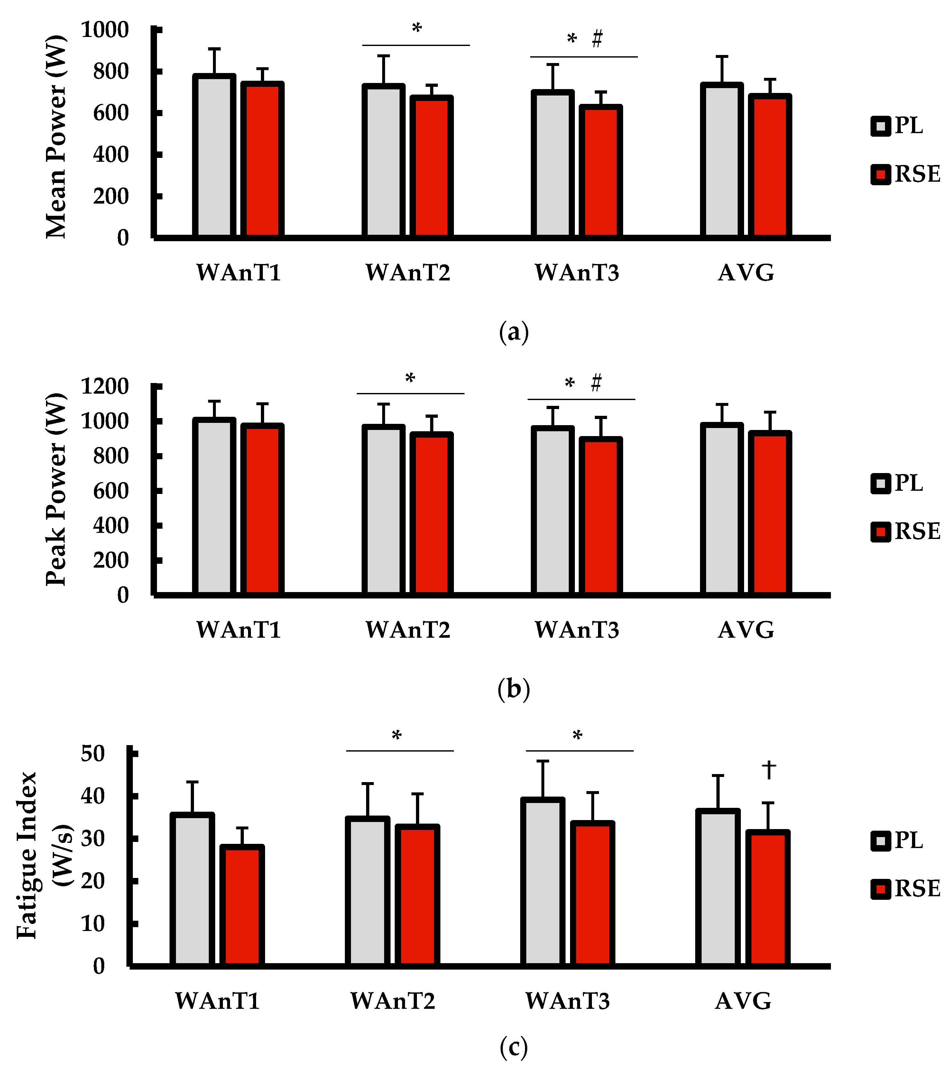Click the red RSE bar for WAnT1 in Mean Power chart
[262, 160]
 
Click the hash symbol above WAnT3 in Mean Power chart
[597, 39]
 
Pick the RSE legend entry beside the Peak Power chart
[906, 531]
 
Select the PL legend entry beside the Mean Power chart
[898, 126]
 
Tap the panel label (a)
[514, 332]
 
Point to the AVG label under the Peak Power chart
[746, 630]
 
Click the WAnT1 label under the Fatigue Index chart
[217, 1000]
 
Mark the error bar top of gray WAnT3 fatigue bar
[543, 761]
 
